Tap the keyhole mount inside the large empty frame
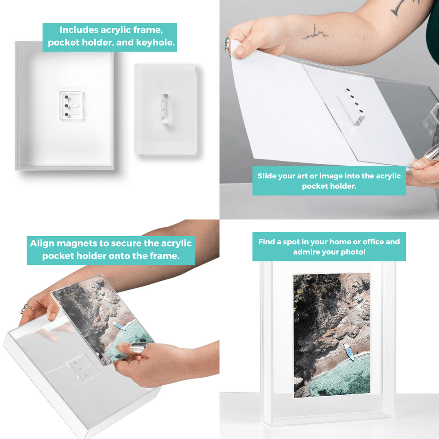point(72,105)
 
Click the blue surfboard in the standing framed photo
point(349,352)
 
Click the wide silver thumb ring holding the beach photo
point(139,348)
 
